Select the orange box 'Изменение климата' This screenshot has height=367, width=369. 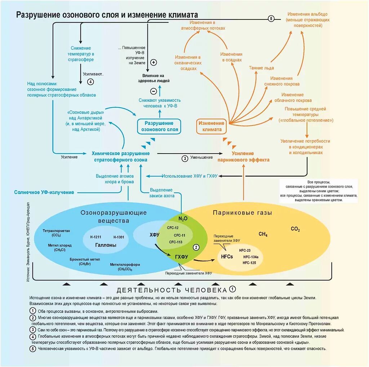click(212, 126)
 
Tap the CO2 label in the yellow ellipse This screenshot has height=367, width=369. click(295, 229)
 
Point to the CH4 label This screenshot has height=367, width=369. click(263, 234)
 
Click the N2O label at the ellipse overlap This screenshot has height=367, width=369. click(183, 219)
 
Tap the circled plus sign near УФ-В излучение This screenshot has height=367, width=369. click(154, 62)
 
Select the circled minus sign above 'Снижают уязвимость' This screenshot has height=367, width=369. click(154, 91)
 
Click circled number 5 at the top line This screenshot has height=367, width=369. click(272, 19)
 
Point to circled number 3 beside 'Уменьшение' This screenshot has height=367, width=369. click(184, 158)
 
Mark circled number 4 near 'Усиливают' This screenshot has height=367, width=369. click(90, 81)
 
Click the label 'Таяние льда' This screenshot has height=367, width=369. click(262, 68)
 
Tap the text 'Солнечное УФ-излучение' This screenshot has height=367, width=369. click(44, 193)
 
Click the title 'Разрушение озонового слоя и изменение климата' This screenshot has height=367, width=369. click(107, 15)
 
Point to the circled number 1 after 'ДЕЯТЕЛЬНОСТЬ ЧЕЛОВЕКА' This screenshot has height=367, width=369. click(233, 289)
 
